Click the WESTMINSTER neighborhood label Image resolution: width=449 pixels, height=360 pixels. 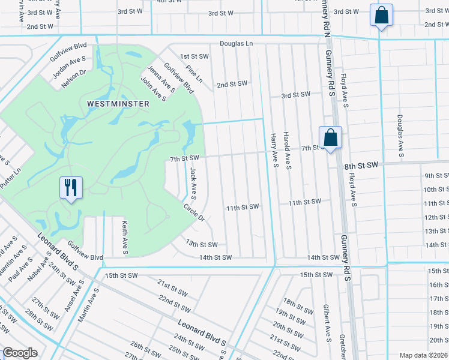point(118,104)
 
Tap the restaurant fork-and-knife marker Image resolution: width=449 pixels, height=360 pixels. point(71,188)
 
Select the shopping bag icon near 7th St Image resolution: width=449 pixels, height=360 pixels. point(330,138)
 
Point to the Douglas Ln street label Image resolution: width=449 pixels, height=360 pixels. point(236,44)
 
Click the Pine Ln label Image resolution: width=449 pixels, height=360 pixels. point(195,76)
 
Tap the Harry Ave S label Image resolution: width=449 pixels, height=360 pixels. point(274,151)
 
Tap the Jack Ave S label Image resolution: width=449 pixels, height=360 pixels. point(193,183)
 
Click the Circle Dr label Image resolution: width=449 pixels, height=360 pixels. point(194,212)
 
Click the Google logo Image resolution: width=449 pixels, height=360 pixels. point(20,353)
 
